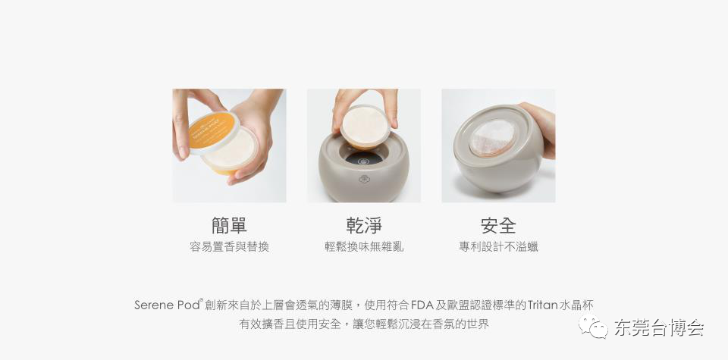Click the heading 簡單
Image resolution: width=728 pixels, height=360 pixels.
click(x=229, y=225)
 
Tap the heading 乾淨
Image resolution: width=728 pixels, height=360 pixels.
click(x=363, y=225)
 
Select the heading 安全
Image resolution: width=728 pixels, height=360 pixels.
click(x=498, y=225)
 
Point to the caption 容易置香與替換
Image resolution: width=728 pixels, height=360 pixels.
click(x=229, y=247)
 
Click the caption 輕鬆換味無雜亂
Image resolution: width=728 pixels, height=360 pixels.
click(x=364, y=247)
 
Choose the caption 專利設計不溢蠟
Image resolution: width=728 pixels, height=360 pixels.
click(x=499, y=247)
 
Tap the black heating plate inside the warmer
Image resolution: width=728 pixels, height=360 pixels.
click(x=363, y=158)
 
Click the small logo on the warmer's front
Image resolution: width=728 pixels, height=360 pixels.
click(x=363, y=179)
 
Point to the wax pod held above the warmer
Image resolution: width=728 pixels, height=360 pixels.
click(x=365, y=127)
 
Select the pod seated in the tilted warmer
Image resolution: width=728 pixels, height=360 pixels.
click(x=491, y=137)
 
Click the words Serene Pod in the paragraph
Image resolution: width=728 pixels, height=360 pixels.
click(x=167, y=305)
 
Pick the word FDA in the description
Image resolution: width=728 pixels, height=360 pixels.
click(x=422, y=305)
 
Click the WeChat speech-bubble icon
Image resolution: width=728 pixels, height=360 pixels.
click(x=593, y=326)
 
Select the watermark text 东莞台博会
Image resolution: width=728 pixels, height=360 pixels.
click(x=659, y=327)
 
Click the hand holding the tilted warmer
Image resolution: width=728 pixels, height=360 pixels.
click(x=541, y=129)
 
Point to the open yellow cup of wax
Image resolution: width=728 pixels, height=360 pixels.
click(x=231, y=151)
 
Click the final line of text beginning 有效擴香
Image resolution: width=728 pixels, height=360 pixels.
click(x=364, y=324)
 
